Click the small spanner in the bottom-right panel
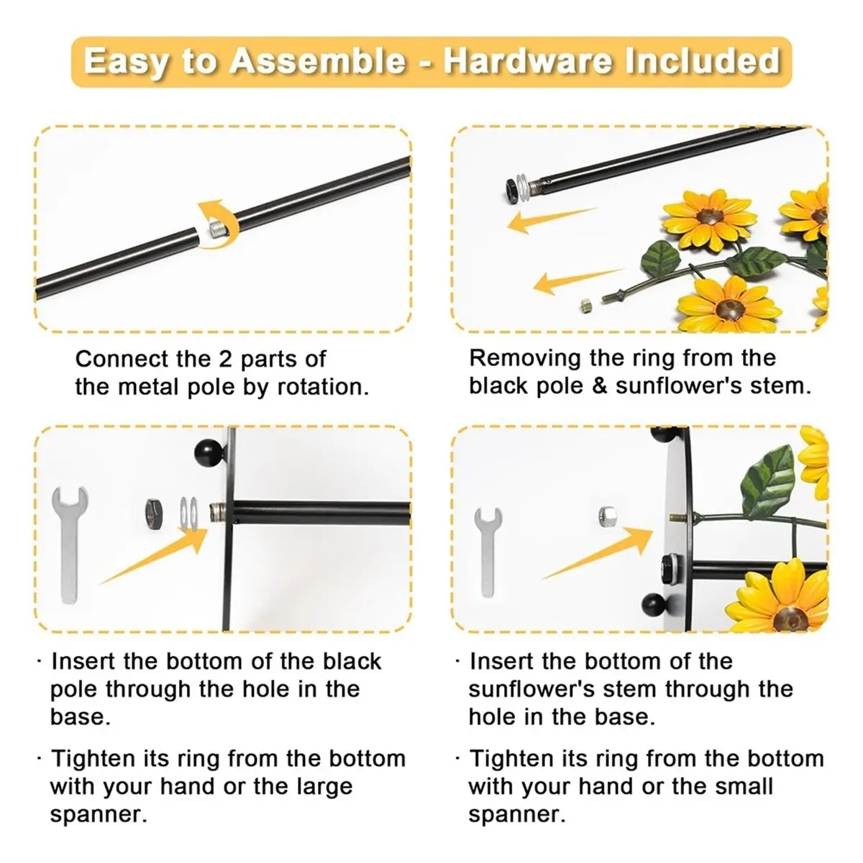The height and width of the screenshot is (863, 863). [x=487, y=551]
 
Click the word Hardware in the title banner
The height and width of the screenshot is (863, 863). [x=529, y=60]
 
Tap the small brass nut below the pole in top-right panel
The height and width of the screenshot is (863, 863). [x=585, y=304]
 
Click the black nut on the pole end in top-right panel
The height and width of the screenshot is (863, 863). [x=511, y=188]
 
